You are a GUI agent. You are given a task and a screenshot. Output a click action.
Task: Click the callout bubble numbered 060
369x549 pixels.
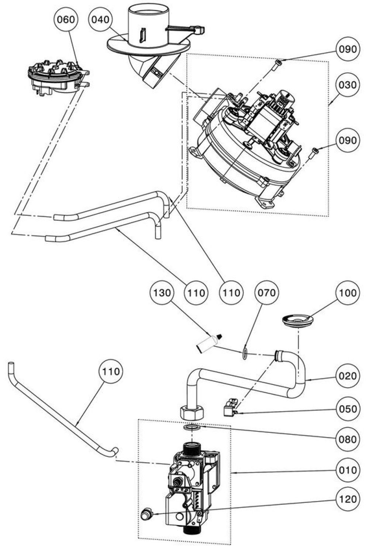[x=66, y=20]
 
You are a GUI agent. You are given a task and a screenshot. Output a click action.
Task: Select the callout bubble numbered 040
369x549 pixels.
[x=100, y=20]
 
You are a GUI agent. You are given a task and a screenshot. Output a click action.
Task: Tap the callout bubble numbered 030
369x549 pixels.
[x=348, y=85]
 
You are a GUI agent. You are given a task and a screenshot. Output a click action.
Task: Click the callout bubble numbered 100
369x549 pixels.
[x=348, y=293]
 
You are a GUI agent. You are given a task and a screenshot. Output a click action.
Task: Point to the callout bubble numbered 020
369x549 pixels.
[x=348, y=376]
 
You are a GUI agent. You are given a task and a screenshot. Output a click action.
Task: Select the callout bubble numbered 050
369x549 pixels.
[x=348, y=408]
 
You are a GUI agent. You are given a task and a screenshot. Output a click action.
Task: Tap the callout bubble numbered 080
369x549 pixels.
[x=348, y=439]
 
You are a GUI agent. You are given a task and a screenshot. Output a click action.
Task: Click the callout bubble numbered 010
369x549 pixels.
[x=348, y=470]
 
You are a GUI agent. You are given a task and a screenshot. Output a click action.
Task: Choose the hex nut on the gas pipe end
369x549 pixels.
[x=192, y=413]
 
